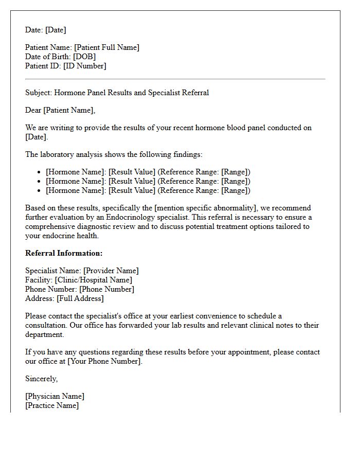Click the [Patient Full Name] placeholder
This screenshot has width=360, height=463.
coord(107,47)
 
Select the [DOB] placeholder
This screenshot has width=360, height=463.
coord(84,57)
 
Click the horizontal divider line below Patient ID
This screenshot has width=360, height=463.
coord(175,79)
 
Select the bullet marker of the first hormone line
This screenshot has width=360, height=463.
coord(40,172)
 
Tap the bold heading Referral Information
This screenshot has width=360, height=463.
coord(64,253)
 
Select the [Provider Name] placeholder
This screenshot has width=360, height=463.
coord(111,271)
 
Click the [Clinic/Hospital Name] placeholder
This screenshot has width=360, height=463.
coord(93,280)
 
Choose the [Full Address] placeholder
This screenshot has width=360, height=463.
coord(80,298)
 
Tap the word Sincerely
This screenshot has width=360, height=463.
coord(41,379)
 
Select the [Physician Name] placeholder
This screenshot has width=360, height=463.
coord(55,396)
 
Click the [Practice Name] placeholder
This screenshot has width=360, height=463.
coord(52,405)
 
